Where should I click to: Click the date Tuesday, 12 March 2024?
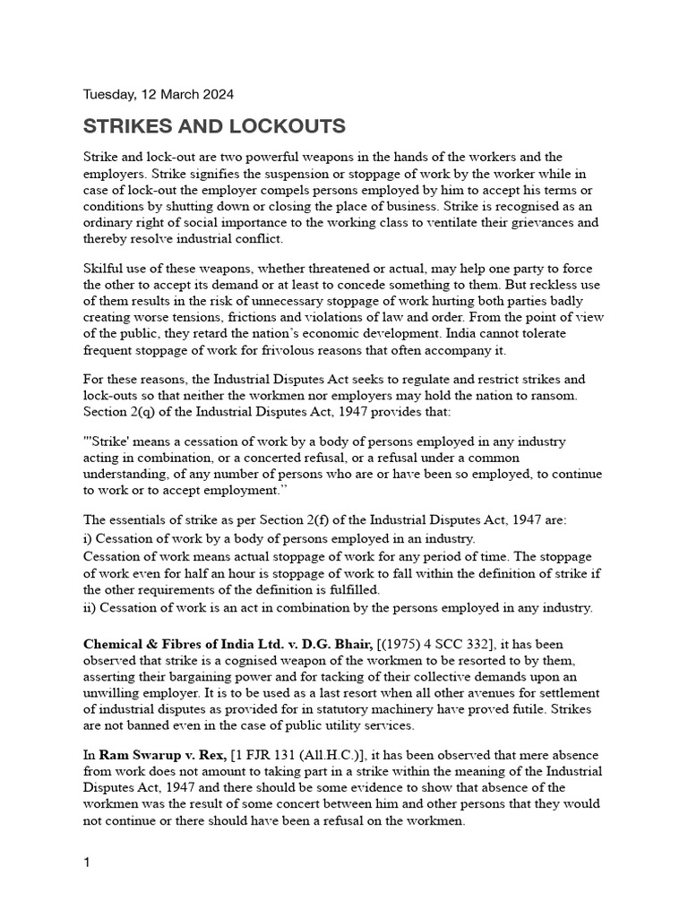pyautogui.click(x=159, y=94)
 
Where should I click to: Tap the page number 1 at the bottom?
pyautogui.click(x=87, y=863)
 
